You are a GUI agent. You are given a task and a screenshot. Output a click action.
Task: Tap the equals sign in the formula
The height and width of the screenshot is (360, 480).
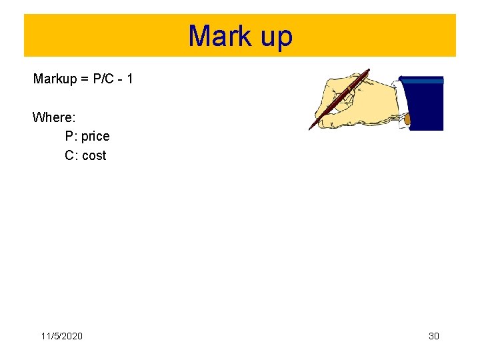click(85, 79)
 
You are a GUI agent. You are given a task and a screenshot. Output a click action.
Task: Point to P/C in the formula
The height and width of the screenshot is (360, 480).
click(103, 79)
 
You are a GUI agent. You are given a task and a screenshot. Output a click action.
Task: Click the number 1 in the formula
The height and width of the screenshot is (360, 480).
click(129, 79)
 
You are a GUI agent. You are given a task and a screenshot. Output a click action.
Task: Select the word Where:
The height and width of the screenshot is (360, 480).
click(54, 117)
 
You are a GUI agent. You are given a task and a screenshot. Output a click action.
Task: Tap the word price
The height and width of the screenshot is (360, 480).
click(95, 137)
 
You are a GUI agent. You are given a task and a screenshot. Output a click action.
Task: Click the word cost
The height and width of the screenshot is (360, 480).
click(94, 155)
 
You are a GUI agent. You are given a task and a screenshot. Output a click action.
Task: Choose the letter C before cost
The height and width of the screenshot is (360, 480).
click(70, 155)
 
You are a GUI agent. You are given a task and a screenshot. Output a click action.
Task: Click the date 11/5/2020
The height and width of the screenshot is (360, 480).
click(62, 336)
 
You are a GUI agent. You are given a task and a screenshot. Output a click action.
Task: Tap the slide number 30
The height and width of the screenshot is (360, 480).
click(433, 336)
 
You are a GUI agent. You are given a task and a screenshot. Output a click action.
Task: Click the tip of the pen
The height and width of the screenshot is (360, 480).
click(310, 129)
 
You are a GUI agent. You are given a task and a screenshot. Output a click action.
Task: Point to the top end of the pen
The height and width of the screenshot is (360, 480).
click(367, 70)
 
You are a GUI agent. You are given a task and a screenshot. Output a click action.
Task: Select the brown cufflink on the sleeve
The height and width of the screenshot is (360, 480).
click(407, 121)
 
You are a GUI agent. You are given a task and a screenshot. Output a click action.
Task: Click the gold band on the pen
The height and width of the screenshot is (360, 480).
click(349, 89)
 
